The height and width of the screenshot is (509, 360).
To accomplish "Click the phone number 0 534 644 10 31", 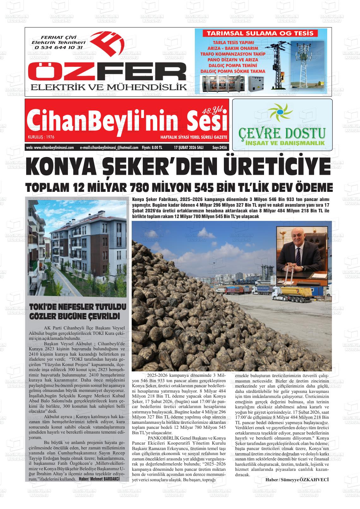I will point(59,48).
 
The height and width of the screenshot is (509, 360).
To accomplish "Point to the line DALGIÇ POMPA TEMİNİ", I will point(233,65).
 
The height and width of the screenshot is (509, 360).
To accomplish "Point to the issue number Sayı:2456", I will point(219,147).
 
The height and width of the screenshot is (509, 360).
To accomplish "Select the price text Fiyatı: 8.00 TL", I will point(152,147).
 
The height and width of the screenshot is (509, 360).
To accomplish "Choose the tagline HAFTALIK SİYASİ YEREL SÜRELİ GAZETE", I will point(194,138).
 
